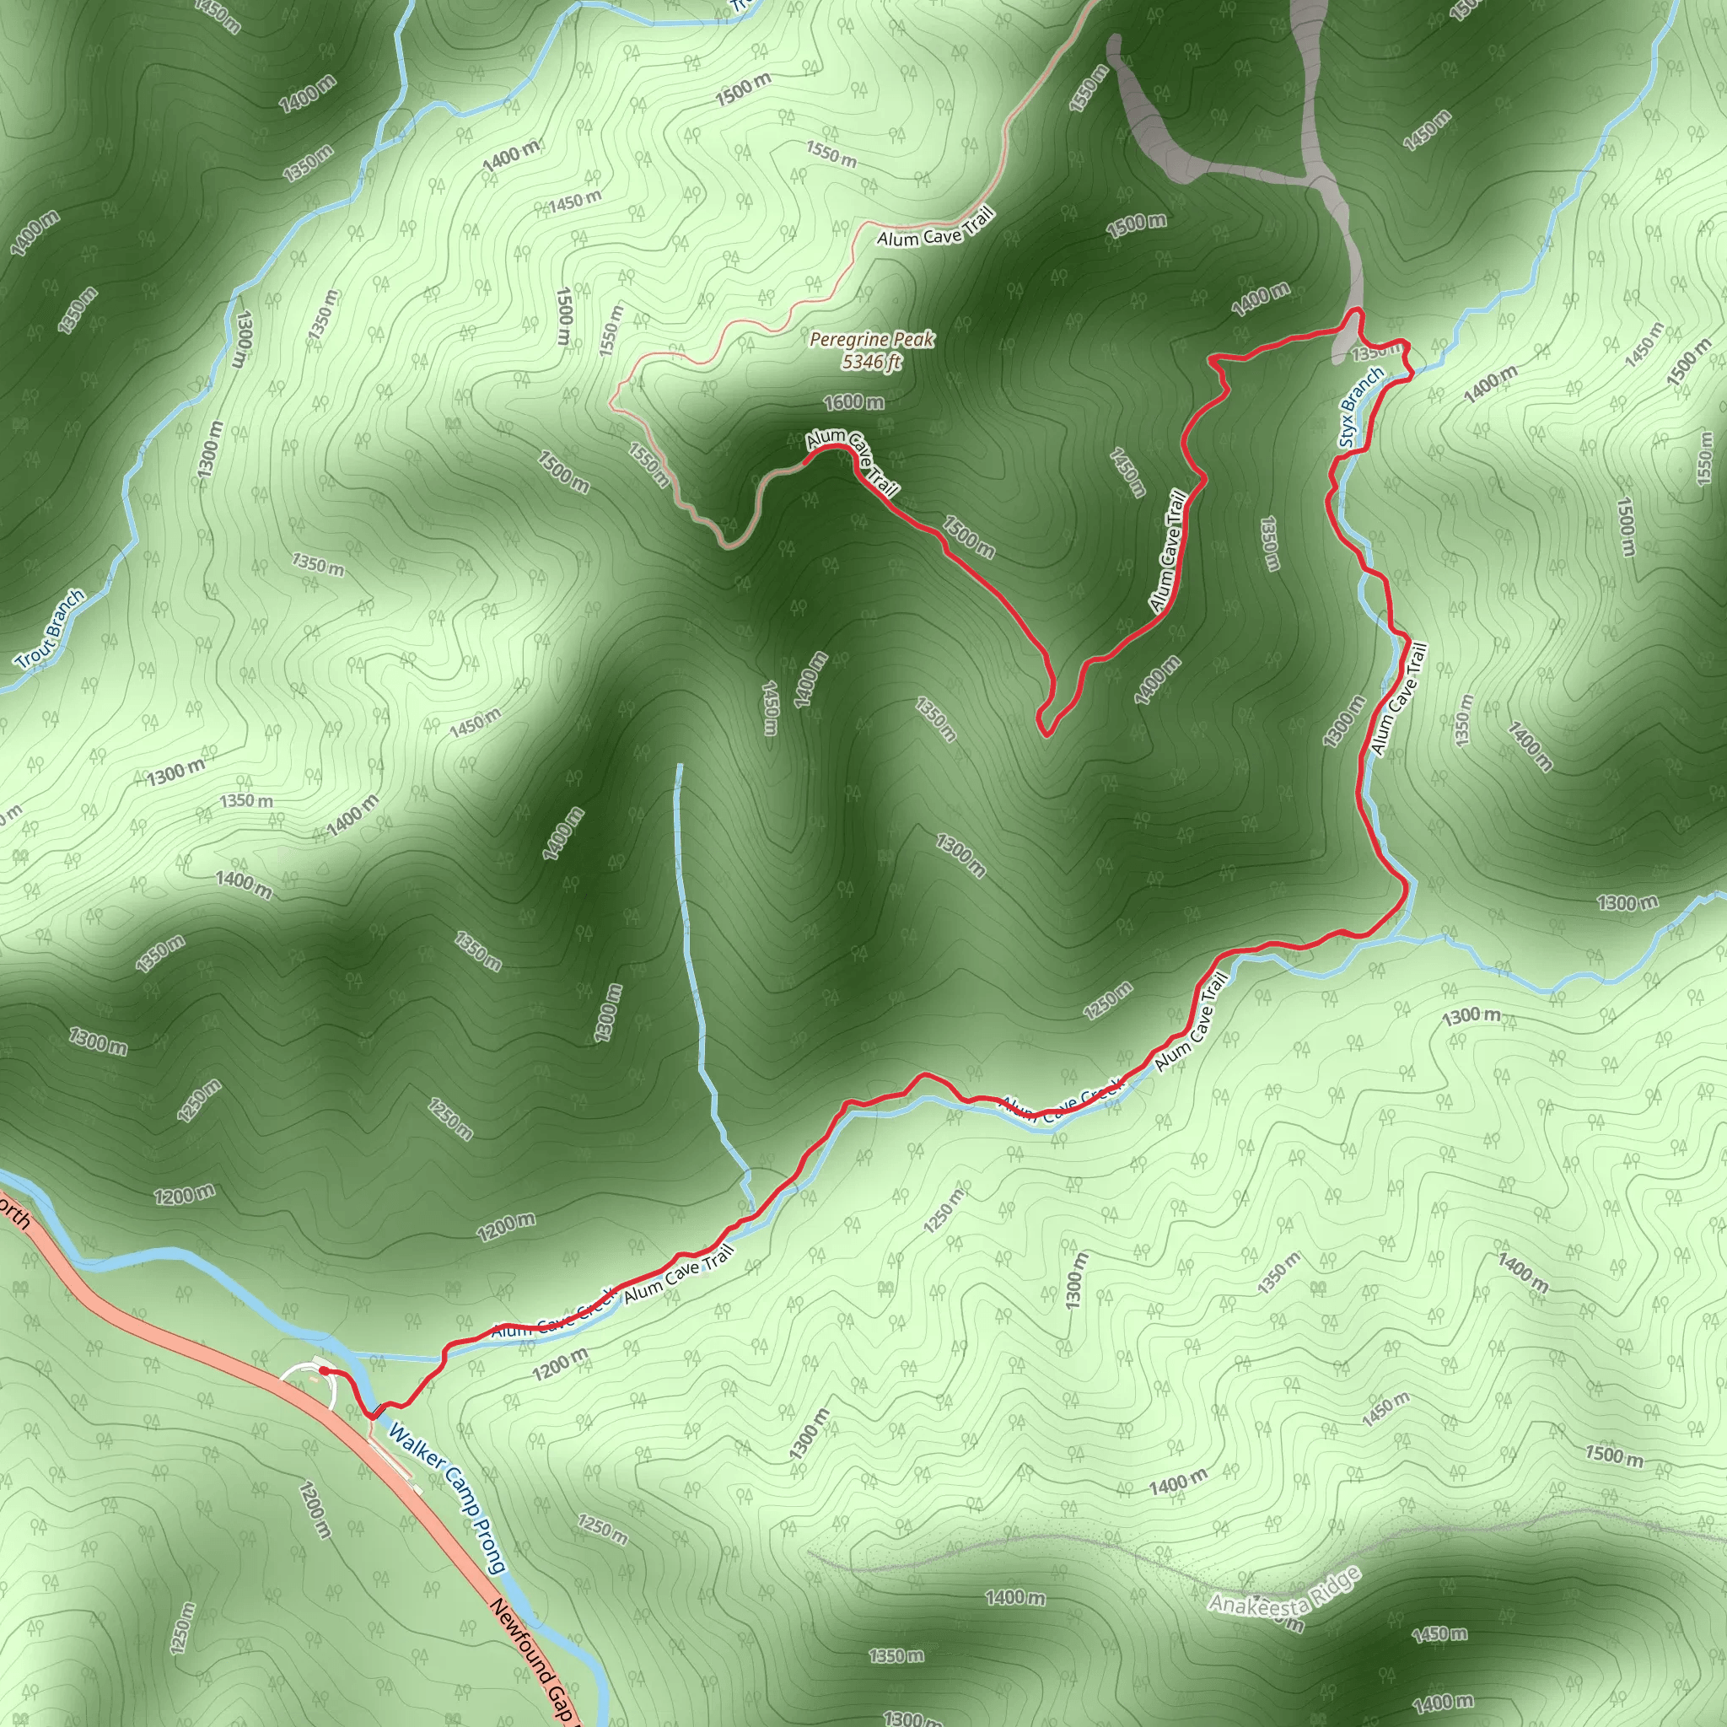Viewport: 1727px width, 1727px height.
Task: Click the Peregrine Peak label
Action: pyautogui.click(x=872, y=340)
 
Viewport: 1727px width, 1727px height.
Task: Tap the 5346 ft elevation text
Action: pyautogui.click(x=872, y=361)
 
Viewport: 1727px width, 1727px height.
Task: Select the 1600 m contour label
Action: pyautogui.click(x=853, y=402)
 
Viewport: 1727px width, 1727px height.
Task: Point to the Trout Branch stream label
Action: pyautogui.click(x=51, y=629)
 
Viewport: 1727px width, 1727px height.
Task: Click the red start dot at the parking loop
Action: pyautogui.click(x=322, y=1370)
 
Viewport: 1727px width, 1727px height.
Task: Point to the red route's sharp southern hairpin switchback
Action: pyautogui.click(x=1044, y=734)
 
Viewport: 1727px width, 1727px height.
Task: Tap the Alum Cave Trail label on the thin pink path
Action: pyautogui.click(x=935, y=227)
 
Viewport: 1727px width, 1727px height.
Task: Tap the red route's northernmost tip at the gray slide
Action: pyautogui.click(x=1358, y=310)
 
